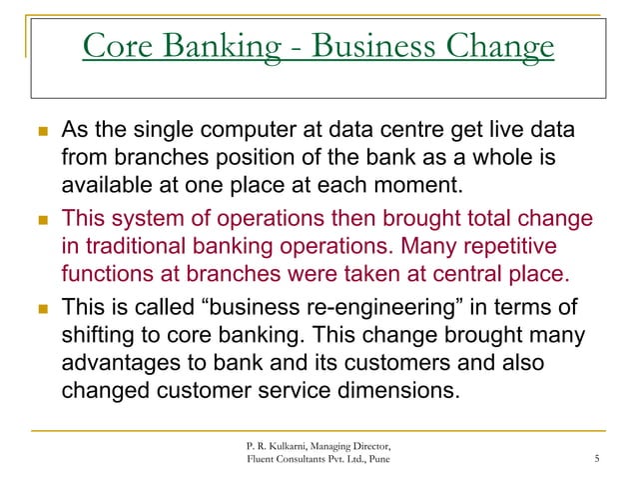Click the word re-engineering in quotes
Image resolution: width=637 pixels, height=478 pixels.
354,306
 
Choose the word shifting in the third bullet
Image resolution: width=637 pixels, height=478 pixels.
99,333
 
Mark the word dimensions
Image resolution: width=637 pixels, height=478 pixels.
386,389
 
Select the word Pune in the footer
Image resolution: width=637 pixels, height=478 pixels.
373,459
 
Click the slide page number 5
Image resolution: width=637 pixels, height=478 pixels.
595,459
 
